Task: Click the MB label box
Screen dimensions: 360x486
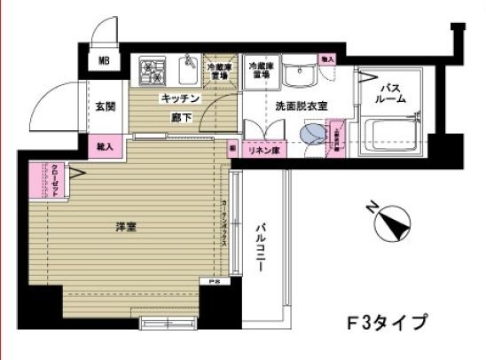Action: click(x=105, y=61)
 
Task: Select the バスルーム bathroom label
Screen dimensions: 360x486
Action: click(x=394, y=94)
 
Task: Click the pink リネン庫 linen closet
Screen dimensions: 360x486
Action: click(x=263, y=151)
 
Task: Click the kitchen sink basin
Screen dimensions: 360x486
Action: click(x=189, y=68)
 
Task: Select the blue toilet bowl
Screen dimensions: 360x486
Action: click(x=312, y=135)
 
